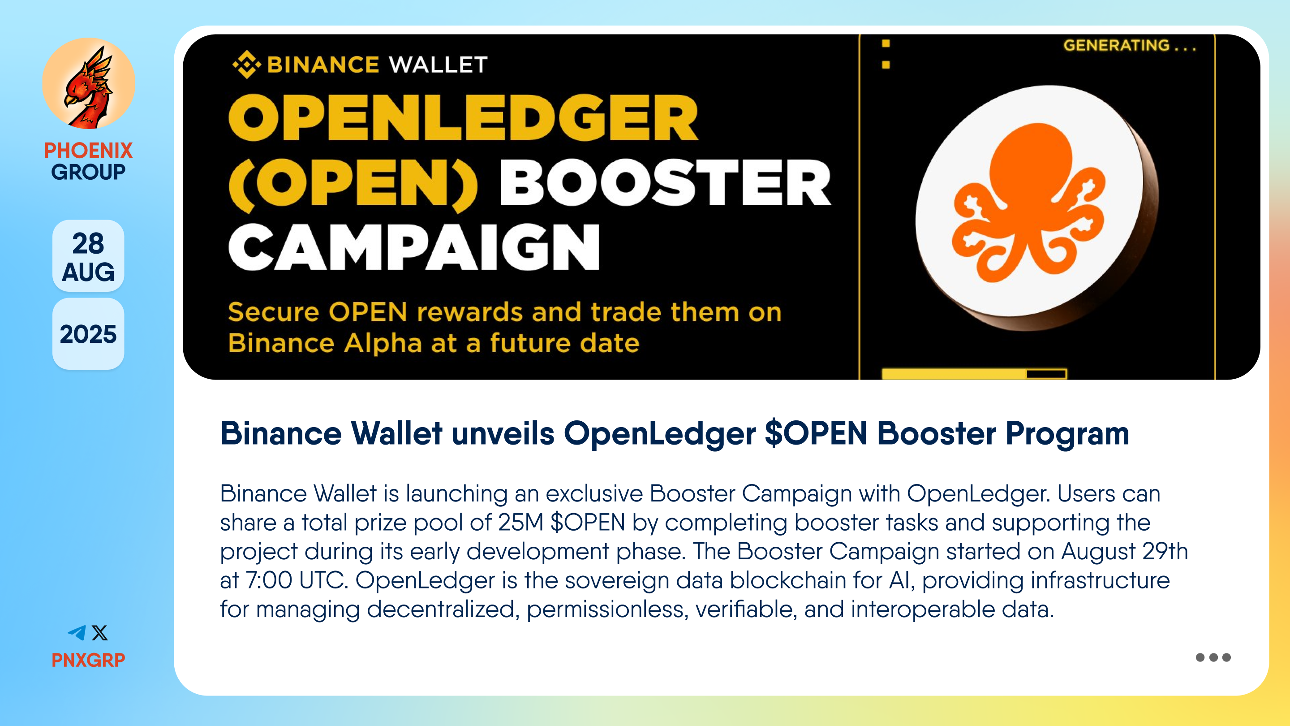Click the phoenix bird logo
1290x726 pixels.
pos(88,83)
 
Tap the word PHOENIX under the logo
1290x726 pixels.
pos(88,150)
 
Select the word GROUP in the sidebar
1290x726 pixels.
pos(88,172)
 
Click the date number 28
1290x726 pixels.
pos(88,243)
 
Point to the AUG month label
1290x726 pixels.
pos(88,272)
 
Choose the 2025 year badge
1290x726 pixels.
pos(88,334)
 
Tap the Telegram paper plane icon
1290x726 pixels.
pos(77,633)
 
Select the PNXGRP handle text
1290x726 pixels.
pos(88,660)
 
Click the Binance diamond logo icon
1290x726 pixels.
pos(246,65)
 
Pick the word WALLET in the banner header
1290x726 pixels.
pos(438,65)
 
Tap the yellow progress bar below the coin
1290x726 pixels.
pos(974,374)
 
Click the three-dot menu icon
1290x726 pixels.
pos(1213,657)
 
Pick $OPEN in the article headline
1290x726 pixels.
pos(816,433)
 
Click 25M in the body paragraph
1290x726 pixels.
pos(520,522)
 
